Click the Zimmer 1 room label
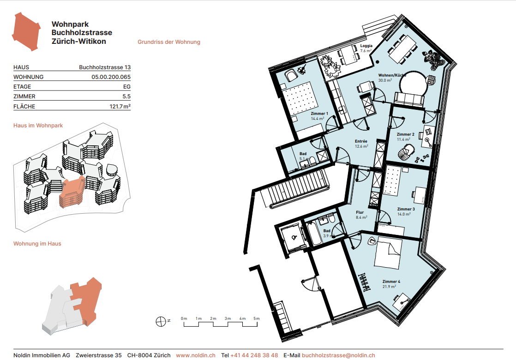(319, 113)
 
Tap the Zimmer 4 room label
(391, 282)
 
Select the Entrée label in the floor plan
(361, 142)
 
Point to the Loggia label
(366, 46)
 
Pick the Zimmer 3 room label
(406, 209)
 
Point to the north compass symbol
(161, 321)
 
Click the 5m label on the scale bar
(257, 318)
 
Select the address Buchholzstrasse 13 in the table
(105, 67)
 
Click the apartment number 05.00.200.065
(111, 77)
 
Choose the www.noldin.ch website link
(196, 355)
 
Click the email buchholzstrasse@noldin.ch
(338, 355)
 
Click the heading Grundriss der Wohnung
(169, 42)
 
